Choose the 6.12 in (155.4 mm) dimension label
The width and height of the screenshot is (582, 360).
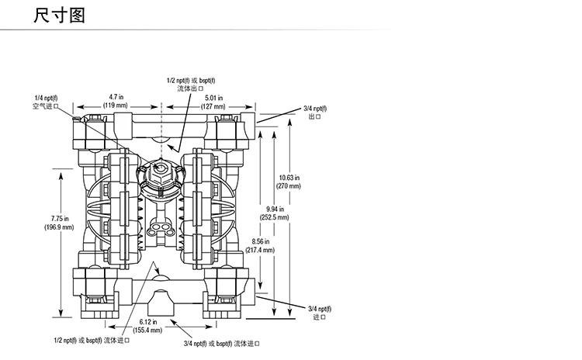click(x=148, y=326)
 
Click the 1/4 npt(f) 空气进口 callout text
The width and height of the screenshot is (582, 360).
click(x=40, y=102)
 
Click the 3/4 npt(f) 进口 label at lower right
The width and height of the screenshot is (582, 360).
click(x=318, y=313)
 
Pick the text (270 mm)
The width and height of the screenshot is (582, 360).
click(x=289, y=186)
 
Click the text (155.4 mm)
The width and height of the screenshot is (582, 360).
click(x=148, y=331)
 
